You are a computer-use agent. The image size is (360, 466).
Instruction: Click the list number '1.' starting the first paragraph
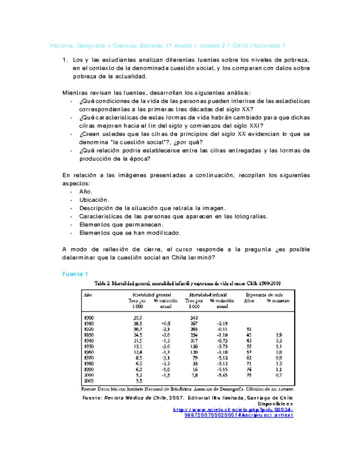coord(65,60)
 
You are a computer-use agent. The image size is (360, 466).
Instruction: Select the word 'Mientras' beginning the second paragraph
coord(74,93)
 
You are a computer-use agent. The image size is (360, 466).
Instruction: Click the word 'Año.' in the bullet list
coord(86,191)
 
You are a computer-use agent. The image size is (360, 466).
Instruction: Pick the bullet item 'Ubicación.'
coord(94,200)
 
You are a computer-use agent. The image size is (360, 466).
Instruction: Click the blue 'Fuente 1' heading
coord(75,274)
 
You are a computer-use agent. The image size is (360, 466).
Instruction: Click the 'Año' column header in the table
coord(87,295)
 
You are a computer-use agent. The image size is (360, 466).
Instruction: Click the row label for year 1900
coord(88,317)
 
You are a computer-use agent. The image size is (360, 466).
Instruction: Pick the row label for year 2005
coord(88,380)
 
